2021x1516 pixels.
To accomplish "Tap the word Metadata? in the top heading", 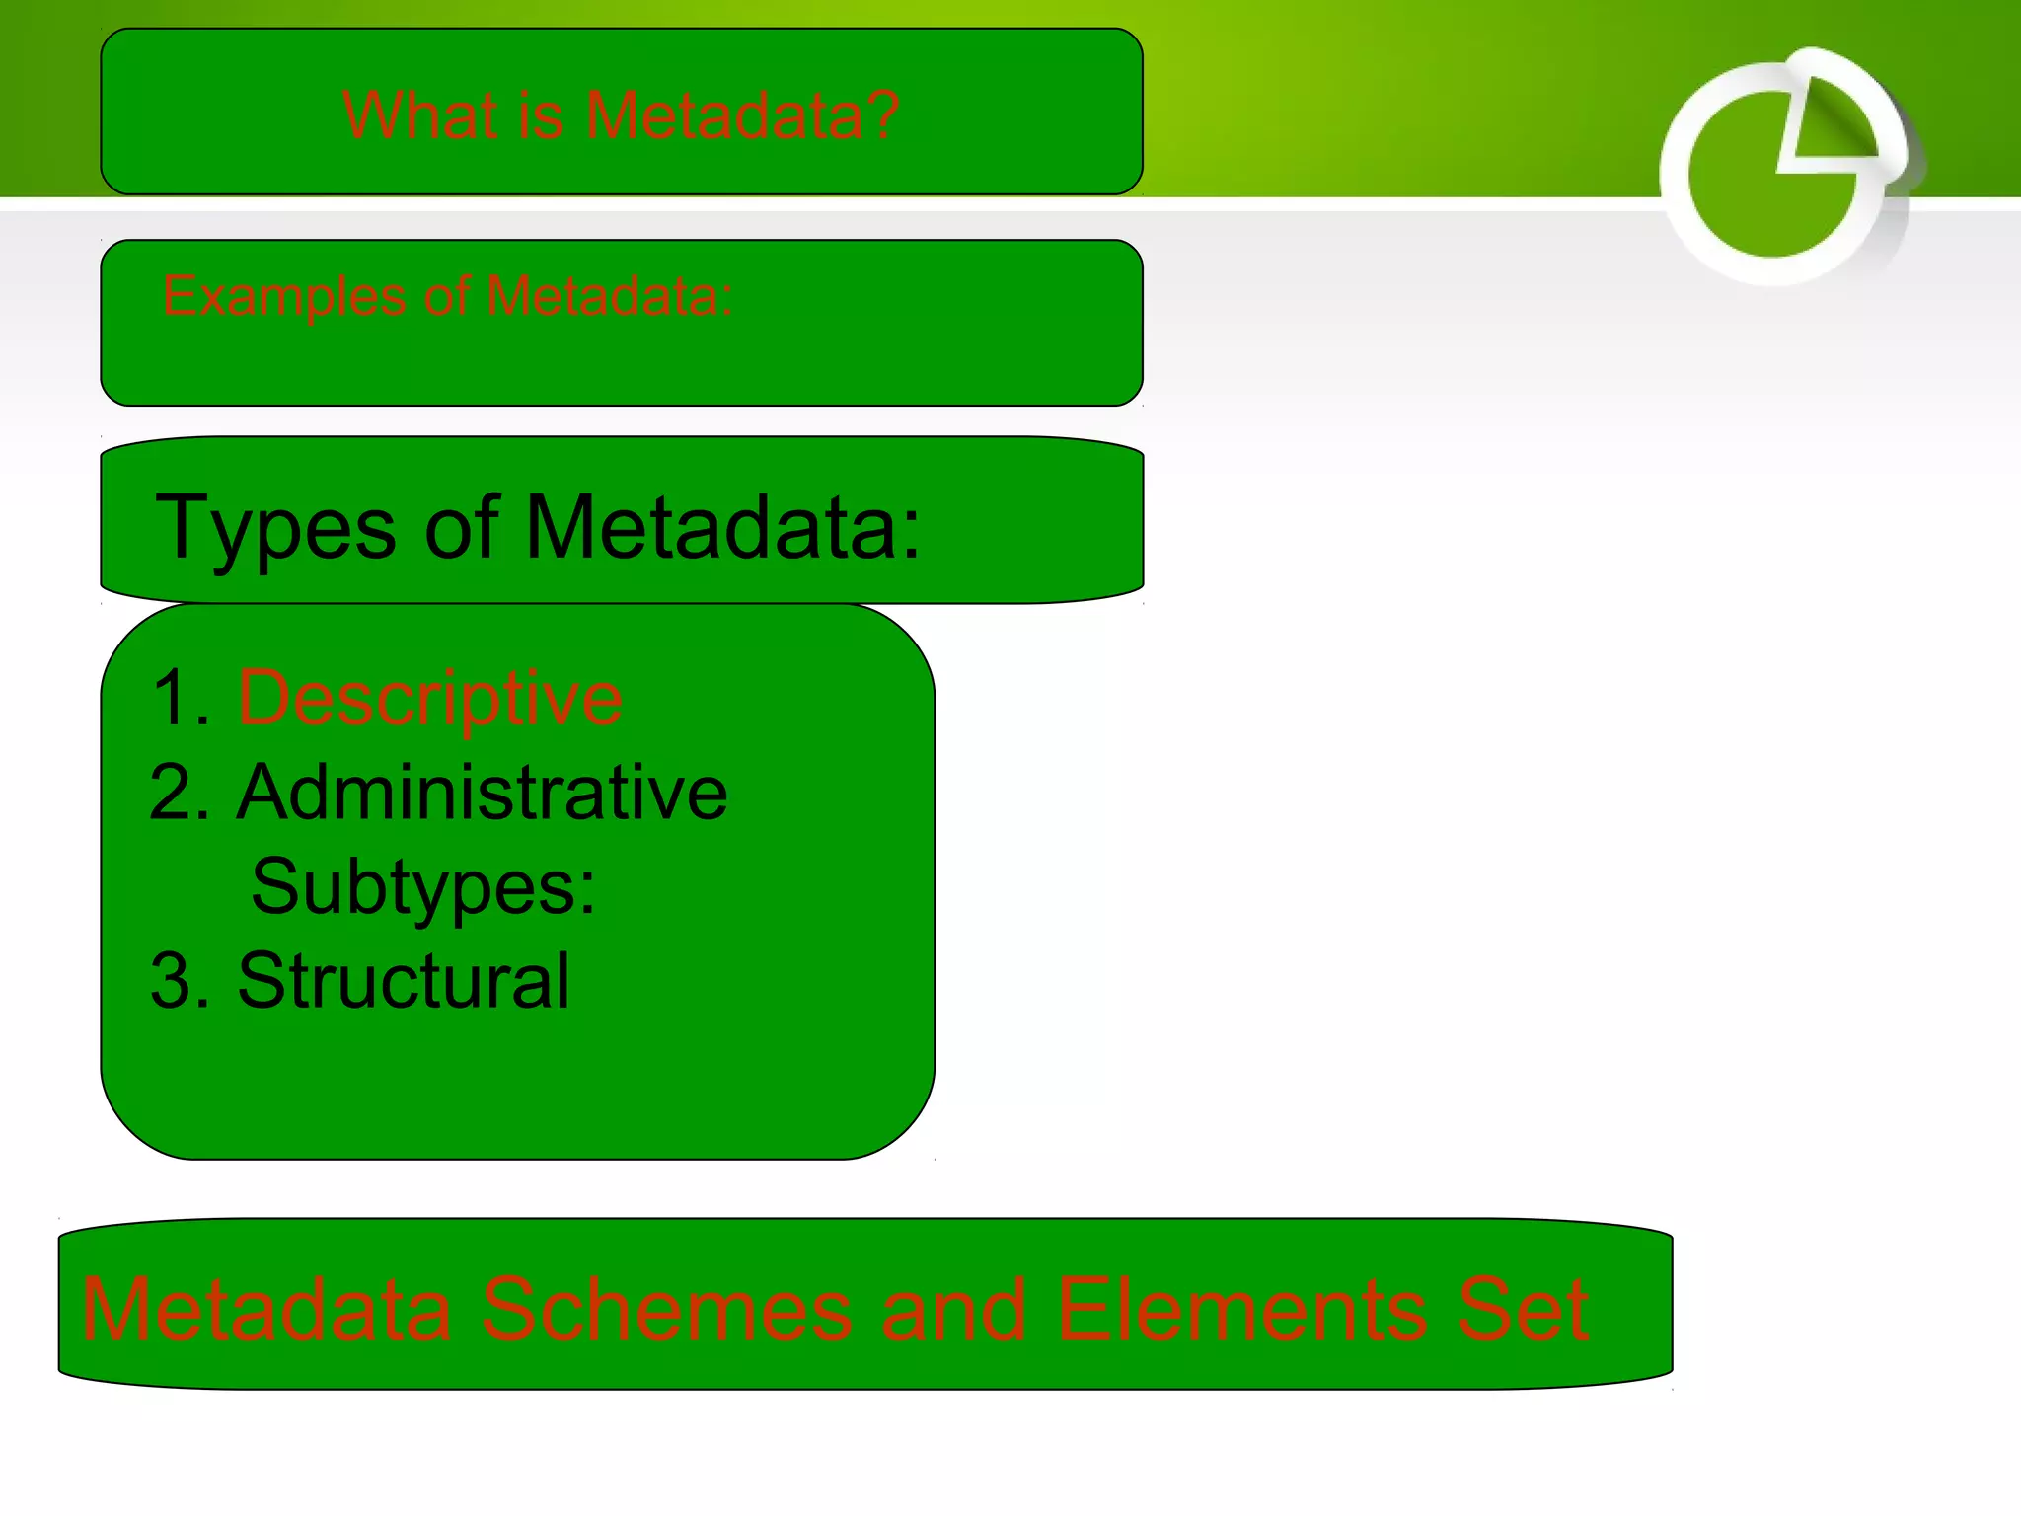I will [x=741, y=115].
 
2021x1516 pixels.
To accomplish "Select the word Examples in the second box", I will [x=284, y=295].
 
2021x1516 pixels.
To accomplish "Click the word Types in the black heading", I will [x=276, y=529].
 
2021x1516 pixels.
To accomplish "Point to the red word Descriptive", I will [x=429, y=699].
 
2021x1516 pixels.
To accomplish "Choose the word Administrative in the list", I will [x=482, y=793].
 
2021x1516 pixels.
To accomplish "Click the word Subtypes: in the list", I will [x=422, y=887].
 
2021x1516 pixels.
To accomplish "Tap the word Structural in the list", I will [x=403, y=981].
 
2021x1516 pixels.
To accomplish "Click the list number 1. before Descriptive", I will [x=182, y=699].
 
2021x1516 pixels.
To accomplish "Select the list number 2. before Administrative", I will [x=180, y=793].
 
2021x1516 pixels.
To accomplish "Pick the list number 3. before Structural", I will [x=180, y=981].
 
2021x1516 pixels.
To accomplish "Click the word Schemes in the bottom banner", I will [x=666, y=1310].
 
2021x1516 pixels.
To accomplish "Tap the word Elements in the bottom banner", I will [x=1241, y=1310].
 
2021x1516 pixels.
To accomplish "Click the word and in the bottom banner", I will [x=953, y=1310].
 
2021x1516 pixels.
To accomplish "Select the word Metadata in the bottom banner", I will [x=266, y=1310].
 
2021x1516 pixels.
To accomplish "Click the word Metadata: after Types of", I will [x=722, y=529].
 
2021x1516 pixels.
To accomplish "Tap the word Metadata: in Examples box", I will [x=609, y=295].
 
